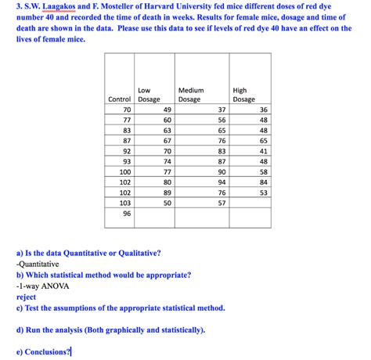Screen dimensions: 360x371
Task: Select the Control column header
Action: coord(119,99)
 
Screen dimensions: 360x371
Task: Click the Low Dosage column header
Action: coord(149,95)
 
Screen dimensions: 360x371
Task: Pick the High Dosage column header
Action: coord(243,95)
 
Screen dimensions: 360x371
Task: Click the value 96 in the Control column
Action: coord(127,213)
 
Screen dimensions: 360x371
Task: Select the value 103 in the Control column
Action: coord(125,203)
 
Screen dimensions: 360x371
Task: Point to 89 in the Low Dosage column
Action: coord(167,192)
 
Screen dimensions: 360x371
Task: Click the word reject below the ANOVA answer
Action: coord(26,297)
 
